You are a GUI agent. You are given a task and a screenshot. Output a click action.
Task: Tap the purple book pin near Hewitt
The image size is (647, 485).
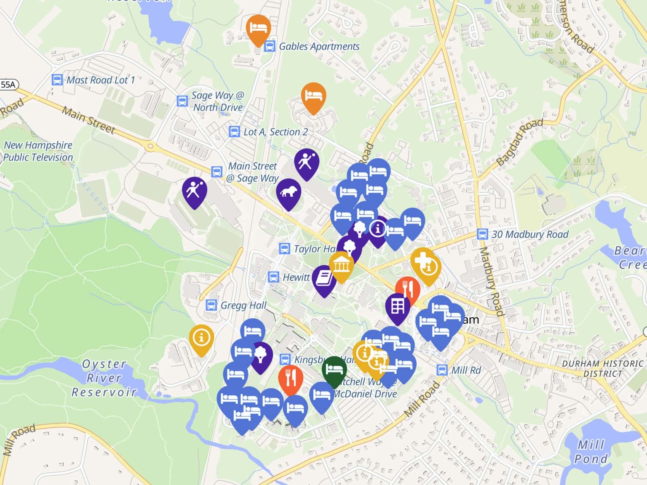click(x=324, y=279)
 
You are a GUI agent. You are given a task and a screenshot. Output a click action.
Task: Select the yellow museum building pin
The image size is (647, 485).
click(x=341, y=265)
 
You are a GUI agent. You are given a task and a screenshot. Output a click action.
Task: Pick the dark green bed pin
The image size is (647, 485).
click(x=334, y=369)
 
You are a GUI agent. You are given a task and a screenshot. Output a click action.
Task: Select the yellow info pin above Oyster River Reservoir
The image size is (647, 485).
click(x=201, y=338)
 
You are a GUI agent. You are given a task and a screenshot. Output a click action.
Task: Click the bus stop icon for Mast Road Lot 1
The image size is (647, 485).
click(x=57, y=80)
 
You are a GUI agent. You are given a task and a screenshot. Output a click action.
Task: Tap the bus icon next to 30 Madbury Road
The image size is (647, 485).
click(x=482, y=234)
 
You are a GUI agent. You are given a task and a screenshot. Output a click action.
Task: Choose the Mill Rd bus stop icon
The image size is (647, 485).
click(x=442, y=370)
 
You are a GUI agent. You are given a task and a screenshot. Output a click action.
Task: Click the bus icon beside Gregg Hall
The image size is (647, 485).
click(x=211, y=305)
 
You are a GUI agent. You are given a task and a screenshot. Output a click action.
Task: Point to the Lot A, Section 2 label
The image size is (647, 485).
click(x=275, y=132)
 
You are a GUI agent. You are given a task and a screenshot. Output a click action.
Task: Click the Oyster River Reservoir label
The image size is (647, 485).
click(x=104, y=378)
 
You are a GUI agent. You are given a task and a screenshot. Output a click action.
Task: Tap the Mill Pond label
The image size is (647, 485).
click(x=591, y=451)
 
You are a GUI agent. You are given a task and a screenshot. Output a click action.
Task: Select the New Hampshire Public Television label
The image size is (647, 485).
click(x=38, y=151)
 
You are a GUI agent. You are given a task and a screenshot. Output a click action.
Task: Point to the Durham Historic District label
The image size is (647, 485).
click(x=602, y=368)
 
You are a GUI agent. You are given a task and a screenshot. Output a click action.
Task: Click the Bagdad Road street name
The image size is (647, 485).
click(x=520, y=142)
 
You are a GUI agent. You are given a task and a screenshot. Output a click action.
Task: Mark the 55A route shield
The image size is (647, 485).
click(x=8, y=85)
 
